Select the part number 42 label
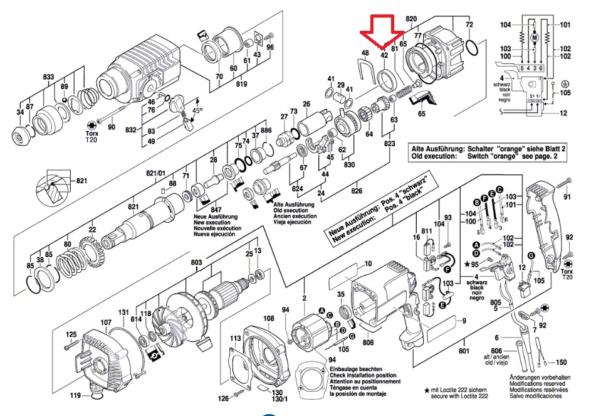(385, 55)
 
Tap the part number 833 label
(49, 77)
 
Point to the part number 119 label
(75, 396)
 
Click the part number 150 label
(562, 363)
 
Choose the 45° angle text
(197, 110)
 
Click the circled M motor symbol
(535, 38)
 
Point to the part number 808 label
(368, 342)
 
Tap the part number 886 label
(266, 131)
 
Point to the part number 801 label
(464, 351)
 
